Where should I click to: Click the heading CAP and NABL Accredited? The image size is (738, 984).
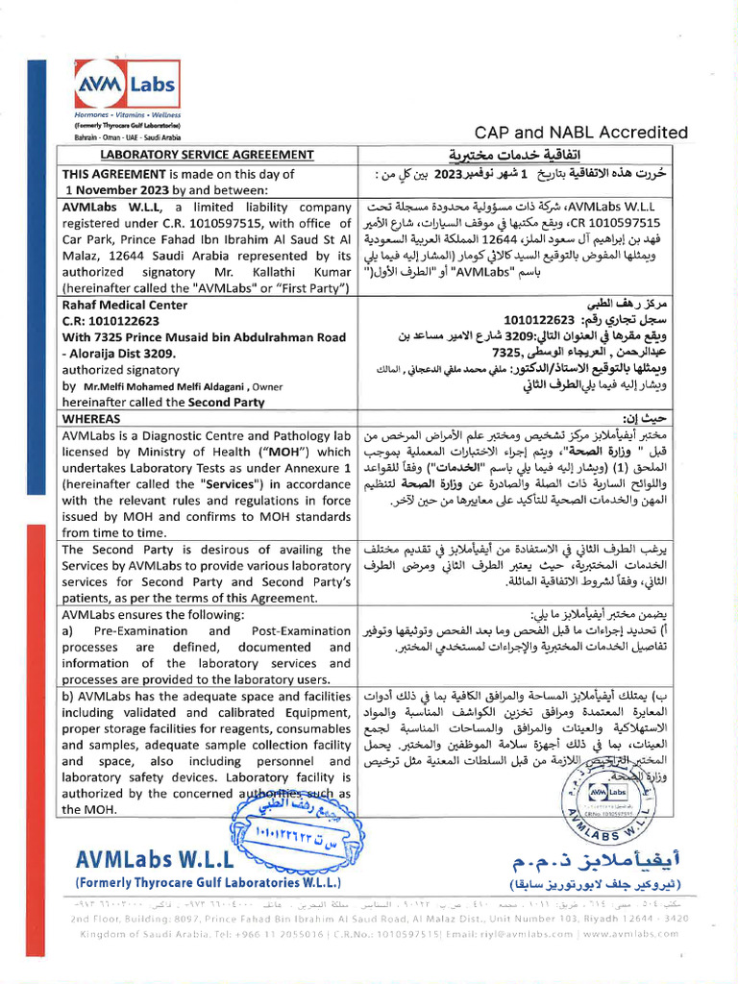581,133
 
